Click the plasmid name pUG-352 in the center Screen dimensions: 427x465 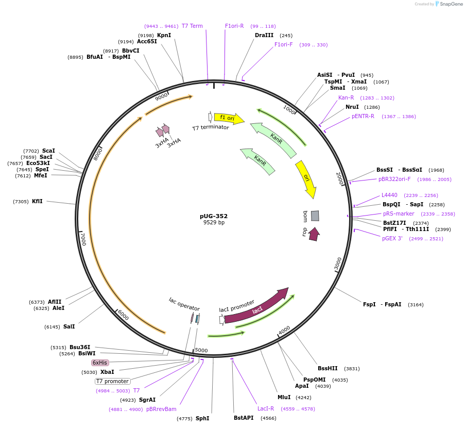214,216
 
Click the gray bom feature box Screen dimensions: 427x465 315,216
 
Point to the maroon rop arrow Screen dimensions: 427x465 314,234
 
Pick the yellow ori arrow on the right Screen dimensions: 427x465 306,178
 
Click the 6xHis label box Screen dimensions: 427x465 100,363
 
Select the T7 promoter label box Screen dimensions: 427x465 112,381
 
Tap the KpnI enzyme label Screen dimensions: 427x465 164,35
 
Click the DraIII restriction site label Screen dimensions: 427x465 264,35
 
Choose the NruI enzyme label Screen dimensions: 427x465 352,107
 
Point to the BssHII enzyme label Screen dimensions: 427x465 328,368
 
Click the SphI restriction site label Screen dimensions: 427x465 202,418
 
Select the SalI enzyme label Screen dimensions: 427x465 69,326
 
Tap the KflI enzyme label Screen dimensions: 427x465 37,201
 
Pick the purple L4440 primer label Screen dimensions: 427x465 389,195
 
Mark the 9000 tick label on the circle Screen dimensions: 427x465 162,96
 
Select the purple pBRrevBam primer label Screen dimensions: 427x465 161,409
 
